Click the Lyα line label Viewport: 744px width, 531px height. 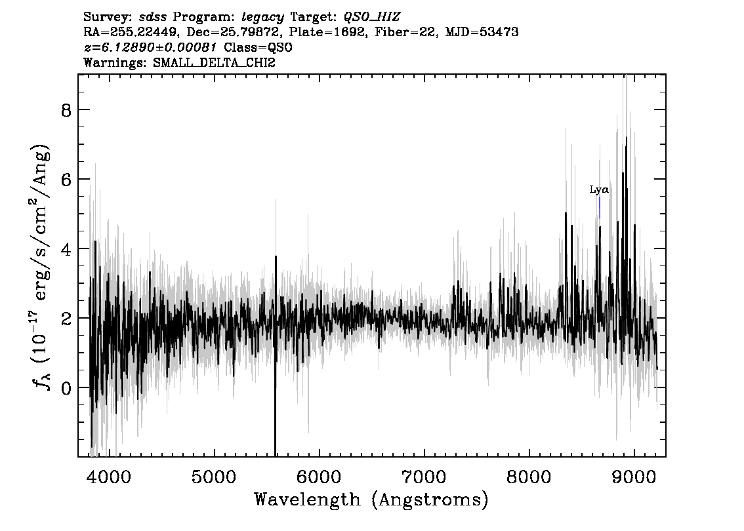pos(599,190)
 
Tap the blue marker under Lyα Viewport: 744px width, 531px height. pos(600,208)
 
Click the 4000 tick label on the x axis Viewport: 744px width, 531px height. pos(109,477)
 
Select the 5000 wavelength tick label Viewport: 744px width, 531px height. pos(213,477)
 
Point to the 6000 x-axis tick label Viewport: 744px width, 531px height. pos(319,477)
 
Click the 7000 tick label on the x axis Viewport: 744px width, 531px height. pos(424,477)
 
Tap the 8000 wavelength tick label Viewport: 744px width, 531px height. pos(529,477)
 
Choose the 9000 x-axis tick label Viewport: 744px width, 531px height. pos(633,477)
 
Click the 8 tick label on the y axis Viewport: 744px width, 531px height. pos(66,111)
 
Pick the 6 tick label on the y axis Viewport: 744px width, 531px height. pos(66,180)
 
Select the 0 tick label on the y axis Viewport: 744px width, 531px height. pos(66,388)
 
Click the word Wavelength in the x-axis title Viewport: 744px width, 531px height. pos(308,500)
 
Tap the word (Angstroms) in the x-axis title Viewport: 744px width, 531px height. pos(430,500)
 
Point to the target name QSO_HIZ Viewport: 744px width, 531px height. pos(371,18)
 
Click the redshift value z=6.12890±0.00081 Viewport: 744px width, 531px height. pos(150,47)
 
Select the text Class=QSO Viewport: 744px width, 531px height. pos(258,47)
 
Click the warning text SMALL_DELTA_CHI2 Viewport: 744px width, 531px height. pos(214,62)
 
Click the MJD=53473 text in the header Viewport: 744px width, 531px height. pos(482,32)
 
